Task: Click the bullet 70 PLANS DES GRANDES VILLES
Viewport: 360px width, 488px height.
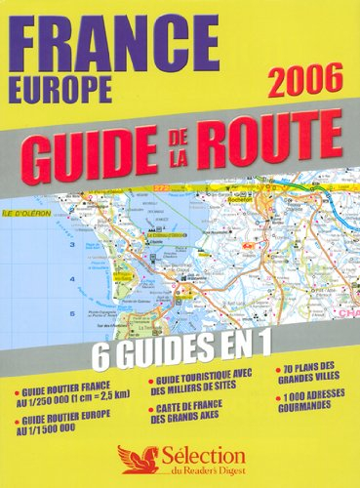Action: click(298, 374)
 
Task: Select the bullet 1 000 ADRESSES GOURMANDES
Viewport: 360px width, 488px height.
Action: click(298, 406)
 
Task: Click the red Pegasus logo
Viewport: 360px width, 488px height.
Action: click(131, 455)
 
